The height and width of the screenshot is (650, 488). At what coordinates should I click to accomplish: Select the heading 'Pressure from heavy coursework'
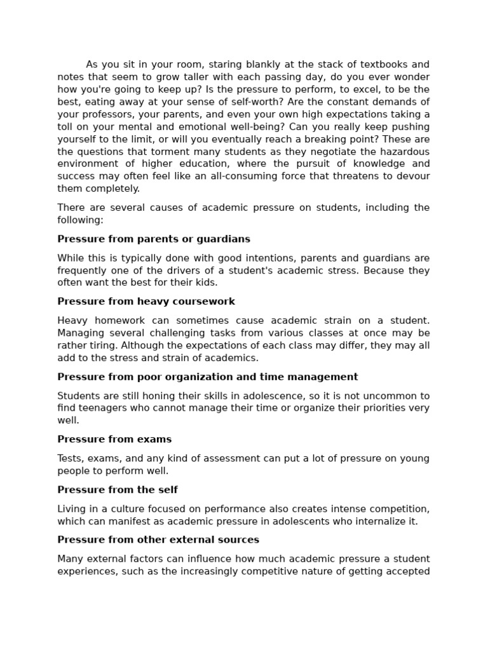click(x=146, y=302)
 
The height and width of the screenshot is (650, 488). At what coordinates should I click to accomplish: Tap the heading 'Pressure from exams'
click(x=114, y=439)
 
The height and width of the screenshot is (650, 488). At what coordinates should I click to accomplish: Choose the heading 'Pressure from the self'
click(x=118, y=490)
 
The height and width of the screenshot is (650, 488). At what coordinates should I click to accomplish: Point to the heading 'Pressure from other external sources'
click(x=158, y=540)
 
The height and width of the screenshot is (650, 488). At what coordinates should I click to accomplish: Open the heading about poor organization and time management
click(x=208, y=377)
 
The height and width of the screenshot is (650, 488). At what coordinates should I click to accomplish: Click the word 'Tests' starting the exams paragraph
click(x=70, y=458)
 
